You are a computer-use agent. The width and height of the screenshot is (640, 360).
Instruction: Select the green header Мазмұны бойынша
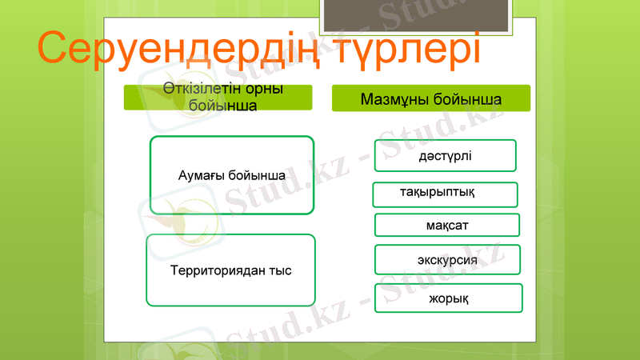coord(431,99)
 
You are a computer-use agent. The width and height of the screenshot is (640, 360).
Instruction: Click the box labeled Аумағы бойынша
coord(232,175)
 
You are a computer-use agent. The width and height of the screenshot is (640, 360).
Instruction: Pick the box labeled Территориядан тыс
coord(230,270)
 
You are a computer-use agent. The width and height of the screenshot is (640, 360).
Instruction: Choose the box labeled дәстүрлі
coord(445,155)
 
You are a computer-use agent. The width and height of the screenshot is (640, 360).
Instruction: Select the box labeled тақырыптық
coord(445,194)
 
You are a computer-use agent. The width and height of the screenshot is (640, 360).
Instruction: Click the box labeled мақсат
coord(446,226)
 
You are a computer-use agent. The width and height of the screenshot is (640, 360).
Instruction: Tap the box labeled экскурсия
coord(447,260)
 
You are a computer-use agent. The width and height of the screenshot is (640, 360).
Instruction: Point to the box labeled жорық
coord(448,298)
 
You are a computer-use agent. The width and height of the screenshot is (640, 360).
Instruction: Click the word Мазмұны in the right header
coord(394,100)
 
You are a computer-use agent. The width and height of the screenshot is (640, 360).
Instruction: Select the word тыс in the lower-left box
coord(280,270)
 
